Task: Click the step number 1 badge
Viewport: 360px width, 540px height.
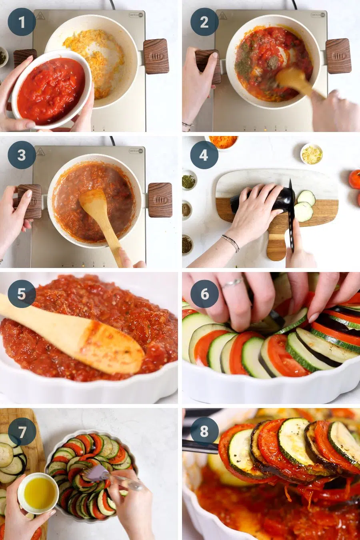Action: (x=22, y=22)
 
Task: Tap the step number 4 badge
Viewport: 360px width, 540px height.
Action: (x=204, y=155)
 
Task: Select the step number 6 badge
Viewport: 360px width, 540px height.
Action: (x=204, y=294)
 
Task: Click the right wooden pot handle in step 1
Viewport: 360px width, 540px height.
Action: (x=156, y=56)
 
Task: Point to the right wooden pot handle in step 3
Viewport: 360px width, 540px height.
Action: (x=160, y=200)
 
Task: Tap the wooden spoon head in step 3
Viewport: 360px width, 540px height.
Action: (x=93, y=204)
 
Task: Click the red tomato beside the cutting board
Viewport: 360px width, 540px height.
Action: (x=354, y=179)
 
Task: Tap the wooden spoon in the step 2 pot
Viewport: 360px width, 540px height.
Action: (x=294, y=80)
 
